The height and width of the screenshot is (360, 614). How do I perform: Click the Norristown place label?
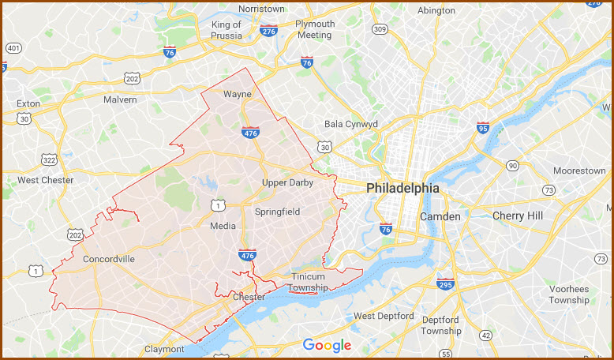[261, 9]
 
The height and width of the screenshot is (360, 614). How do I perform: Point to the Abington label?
[436, 10]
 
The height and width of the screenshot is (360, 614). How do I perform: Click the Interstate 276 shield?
[268, 31]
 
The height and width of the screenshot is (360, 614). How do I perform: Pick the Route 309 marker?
[380, 29]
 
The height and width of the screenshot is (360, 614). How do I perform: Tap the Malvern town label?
[120, 99]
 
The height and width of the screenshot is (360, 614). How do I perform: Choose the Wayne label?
[237, 94]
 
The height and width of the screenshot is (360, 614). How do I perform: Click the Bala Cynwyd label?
[351, 124]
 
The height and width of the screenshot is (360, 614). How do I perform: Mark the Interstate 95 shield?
[482, 126]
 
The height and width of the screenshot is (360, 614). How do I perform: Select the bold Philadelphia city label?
[402, 189]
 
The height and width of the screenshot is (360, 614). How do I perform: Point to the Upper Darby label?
[287, 182]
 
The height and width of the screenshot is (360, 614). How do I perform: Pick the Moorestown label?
[579, 171]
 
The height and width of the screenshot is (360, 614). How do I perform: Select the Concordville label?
[108, 259]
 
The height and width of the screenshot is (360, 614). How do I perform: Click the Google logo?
[327, 345]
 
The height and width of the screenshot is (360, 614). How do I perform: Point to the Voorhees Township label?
[569, 294]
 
